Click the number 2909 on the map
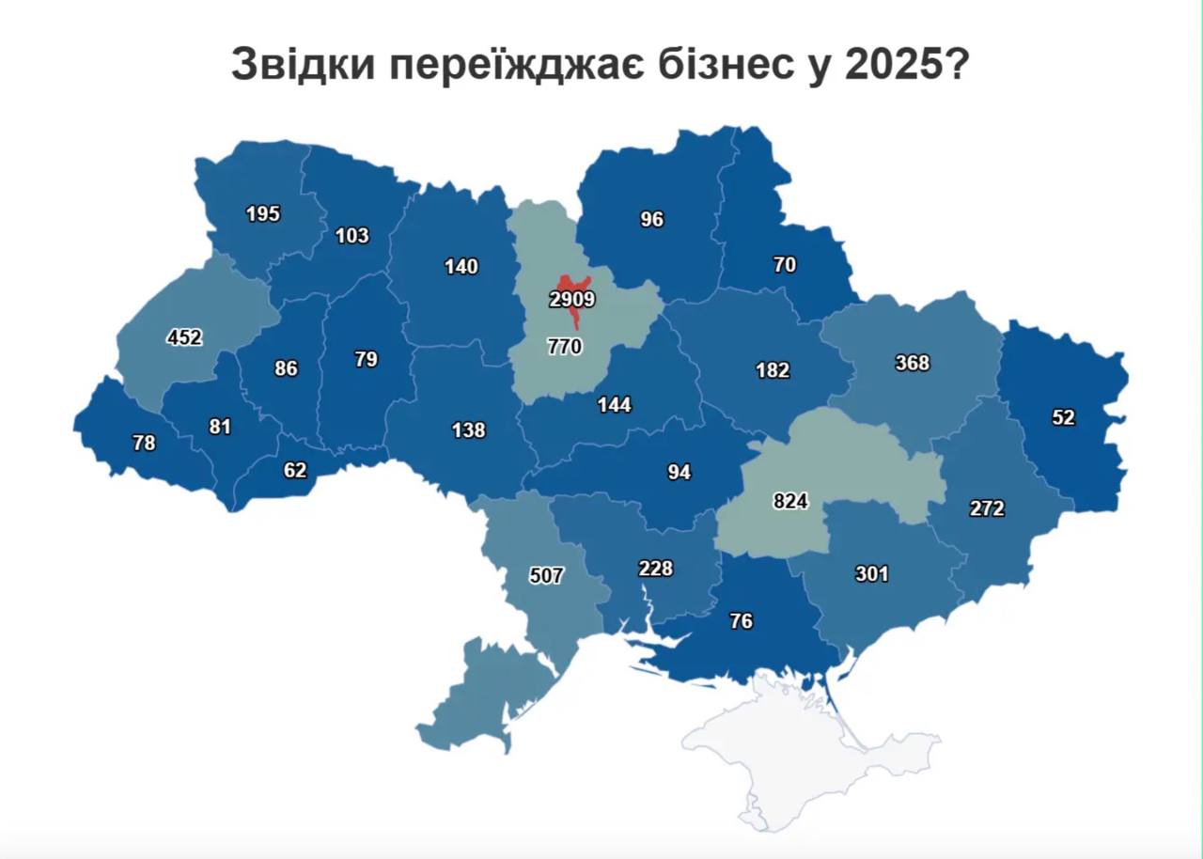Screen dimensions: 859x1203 coord(572,300)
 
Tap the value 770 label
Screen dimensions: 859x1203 coord(565,346)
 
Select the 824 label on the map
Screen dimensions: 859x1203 coord(790,501)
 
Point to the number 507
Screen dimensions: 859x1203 coord(546,575)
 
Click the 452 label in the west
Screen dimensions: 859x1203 coord(184,336)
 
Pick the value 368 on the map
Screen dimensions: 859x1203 coord(913,362)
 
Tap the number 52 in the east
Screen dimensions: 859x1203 coord(1063,418)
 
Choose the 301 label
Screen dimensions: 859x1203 coord(871,573)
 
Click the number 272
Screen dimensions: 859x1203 coord(987,508)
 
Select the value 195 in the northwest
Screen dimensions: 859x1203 coord(263,213)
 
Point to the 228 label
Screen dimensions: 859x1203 coord(655,569)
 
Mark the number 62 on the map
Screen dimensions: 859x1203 coord(295,470)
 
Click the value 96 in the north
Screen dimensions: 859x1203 coord(652,219)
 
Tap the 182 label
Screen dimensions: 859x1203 coord(773,370)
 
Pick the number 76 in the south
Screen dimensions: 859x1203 coord(742,621)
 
